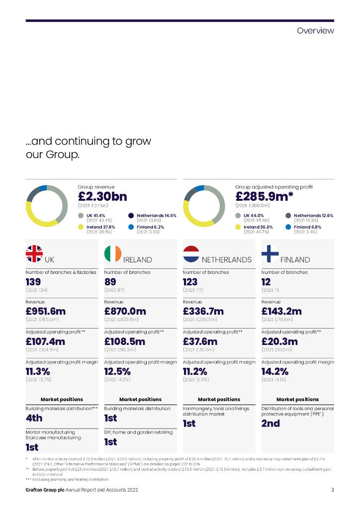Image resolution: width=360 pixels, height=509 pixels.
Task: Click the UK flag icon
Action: (x=34, y=254)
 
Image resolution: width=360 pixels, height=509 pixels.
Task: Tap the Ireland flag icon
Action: (x=113, y=254)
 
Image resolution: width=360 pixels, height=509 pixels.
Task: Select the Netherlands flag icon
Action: (x=191, y=254)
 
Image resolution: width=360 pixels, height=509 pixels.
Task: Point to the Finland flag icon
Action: (x=270, y=254)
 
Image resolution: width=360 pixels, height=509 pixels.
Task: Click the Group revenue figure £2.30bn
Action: (x=103, y=196)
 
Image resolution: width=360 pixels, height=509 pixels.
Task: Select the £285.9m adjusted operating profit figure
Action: (x=264, y=196)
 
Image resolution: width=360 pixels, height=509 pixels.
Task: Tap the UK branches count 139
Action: (x=33, y=282)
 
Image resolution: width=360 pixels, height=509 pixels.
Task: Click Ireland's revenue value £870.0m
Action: (x=125, y=312)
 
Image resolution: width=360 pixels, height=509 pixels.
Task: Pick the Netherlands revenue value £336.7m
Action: (x=203, y=312)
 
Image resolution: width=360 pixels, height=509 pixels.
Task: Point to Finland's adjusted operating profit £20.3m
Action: (x=279, y=341)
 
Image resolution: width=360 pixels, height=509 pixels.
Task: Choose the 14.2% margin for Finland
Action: (x=275, y=371)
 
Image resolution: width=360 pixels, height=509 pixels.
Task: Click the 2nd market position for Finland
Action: (x=270, y=424)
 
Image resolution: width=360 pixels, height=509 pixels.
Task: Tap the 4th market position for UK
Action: (x=34, y=418)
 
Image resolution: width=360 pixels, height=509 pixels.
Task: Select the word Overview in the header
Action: (x=315, y=31)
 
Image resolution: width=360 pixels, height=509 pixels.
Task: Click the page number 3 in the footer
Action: (x=332, y=490)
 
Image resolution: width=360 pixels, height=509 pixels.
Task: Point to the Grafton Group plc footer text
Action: (x=45, y=490)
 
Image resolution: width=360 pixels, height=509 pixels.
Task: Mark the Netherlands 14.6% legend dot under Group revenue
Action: (x=131, y=216)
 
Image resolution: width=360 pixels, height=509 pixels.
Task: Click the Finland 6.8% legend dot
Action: (x=288, y=227)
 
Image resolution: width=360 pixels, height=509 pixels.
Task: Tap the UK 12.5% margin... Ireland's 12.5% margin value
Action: (x=117, y=371)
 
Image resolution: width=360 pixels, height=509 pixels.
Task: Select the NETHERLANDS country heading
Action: (x=227, y=259)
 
